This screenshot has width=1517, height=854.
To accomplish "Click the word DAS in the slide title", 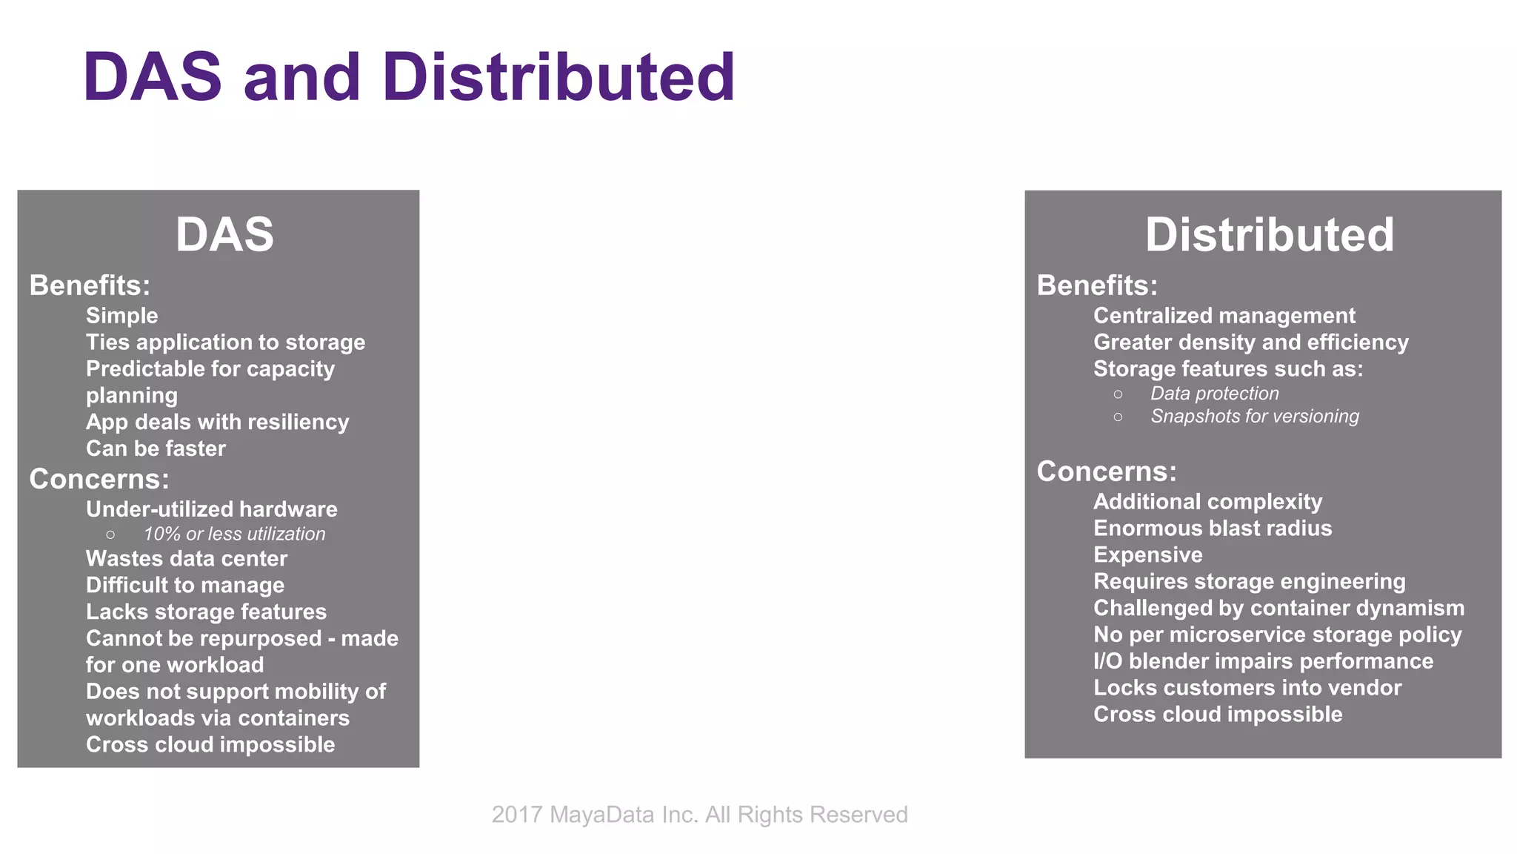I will point(153,77).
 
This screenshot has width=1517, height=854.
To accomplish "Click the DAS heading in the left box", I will point(224,235).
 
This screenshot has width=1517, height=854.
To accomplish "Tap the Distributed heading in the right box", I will point(1270,235).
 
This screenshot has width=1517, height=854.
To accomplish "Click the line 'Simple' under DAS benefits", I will point(122,316).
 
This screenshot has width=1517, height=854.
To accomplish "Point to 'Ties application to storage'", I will point(225,342).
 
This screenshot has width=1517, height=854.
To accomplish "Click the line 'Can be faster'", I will point(156,448).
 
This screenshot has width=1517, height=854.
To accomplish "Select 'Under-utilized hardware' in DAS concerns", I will point(211,509).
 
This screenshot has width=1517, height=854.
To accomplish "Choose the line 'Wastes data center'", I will point(186,559).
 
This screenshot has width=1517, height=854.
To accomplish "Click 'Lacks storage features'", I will point(206,612).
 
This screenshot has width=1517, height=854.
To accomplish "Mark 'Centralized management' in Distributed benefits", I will point(1224,316).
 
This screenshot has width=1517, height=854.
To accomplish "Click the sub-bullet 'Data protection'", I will point(1214,394).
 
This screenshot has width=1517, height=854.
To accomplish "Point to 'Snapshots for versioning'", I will point(1254,417).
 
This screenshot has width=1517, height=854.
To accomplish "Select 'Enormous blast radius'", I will point(1213,529).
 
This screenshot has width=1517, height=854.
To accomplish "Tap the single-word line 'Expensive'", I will point(1147,555).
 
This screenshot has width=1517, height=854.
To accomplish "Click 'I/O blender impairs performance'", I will point(1263,661).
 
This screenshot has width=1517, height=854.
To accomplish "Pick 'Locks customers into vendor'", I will point(1247,688).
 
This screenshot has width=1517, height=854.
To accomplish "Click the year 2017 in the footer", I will point(517,815).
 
